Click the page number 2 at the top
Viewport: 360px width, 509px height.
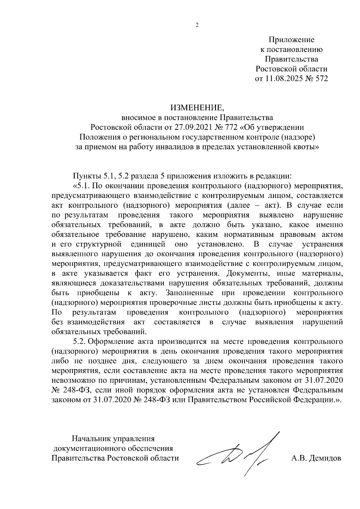click(197, 25)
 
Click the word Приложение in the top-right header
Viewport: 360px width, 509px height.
click(291, 40)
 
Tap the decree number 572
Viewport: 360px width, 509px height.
click(320, 79)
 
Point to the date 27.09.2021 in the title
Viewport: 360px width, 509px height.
click(190, 127)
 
